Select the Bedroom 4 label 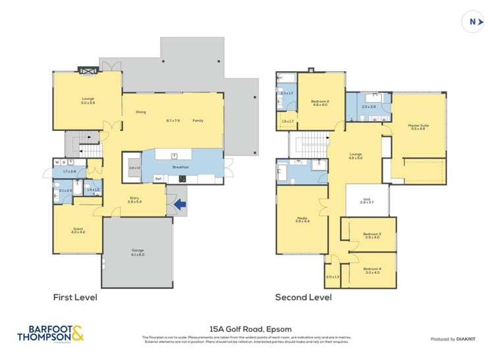[372, 269]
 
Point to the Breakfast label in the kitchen [180, 167]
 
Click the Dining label [140, 112]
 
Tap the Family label [198, 120]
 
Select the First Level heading [75, 297]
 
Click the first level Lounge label [88, 101]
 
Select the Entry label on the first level [134, 199]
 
